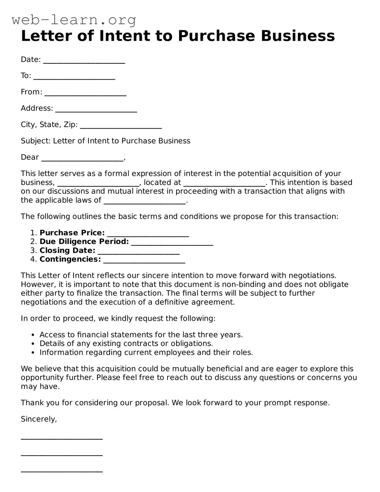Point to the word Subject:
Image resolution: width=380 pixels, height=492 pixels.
(36, 141)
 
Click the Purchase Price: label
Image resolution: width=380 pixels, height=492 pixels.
(72, 233)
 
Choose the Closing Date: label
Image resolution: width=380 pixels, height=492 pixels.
(67, 251)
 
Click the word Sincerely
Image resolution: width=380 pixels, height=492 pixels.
(39, 419)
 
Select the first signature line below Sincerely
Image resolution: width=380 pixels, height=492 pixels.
(62, 439)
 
